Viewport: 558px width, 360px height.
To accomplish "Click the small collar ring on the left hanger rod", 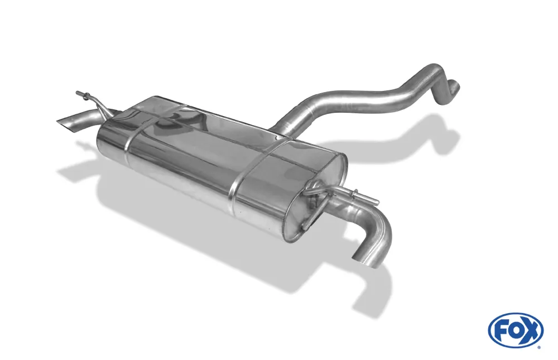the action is point(85,95).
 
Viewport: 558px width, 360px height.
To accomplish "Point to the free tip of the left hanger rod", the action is point(77,93).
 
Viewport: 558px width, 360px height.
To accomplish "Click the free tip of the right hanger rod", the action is point(378,203).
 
